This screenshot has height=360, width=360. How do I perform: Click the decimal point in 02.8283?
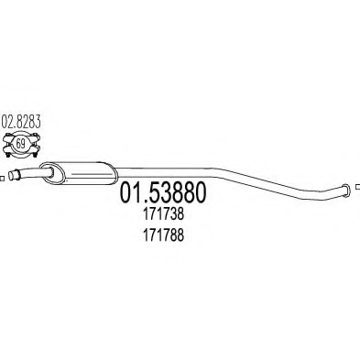click(x=13, y=121)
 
